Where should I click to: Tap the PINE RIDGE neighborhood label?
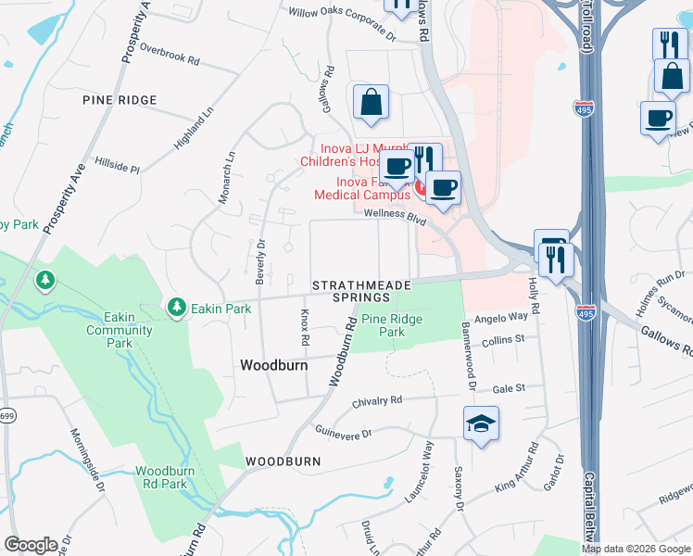pyautogui.click(x=120, y=100)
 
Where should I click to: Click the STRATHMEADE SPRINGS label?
pyautogui.click(x=361, y=291)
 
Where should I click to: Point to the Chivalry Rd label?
pyautogui.click(x=377, y=401)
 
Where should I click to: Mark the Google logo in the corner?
pyautogui.click(x=31, y=544)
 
